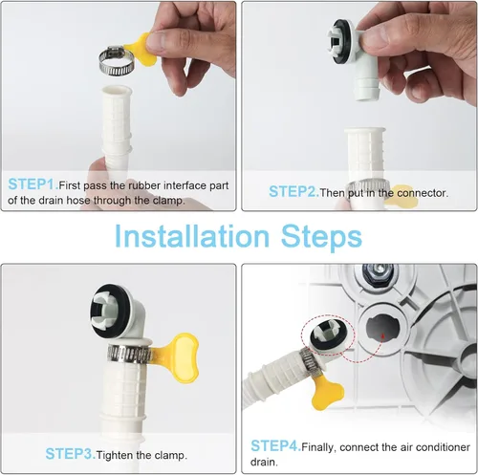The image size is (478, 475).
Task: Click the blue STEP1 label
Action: click(33, 184)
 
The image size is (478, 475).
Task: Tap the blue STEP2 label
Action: click(293, 192)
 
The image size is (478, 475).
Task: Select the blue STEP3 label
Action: click(71, 454)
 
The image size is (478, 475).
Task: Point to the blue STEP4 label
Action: click(276, 445)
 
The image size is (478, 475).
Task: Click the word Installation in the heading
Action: click(192, 236)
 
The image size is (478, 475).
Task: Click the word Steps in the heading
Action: click(321, 237)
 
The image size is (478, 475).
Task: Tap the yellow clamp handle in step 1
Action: click(141, 50)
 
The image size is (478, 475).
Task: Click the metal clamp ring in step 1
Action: click(116, 61)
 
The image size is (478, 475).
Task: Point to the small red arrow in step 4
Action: click(383, 336)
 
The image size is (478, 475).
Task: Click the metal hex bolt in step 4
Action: click(379, 270)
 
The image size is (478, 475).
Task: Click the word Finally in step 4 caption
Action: click(318, 447)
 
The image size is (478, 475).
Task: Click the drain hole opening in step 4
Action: click(382, 328)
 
